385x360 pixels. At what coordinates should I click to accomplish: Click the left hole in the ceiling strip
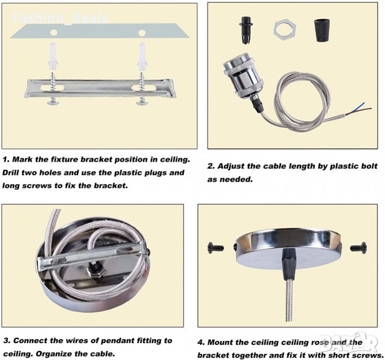[x=53, y=32]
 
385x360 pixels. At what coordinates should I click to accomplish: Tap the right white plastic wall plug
[x=142, y=56]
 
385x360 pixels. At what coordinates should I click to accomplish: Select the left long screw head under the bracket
[x=53, y=103]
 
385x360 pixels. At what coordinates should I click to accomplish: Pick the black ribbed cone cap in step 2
[x=322, y=31]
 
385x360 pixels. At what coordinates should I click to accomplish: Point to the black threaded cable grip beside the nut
[x=246, y=30]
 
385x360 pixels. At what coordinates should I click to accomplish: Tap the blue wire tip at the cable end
[x=364, y=103]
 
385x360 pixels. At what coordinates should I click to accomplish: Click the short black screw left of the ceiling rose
[x=216, y=247]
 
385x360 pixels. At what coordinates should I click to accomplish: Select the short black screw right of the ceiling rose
[x=359, y=247]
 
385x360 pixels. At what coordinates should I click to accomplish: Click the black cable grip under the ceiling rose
[x=289, y=264]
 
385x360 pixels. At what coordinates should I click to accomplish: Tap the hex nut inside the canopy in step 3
[x=95, y=273]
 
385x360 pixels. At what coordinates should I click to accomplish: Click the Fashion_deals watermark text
[x=61, y=18]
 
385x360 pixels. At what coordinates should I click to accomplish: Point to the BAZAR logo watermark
[x=349, y=342]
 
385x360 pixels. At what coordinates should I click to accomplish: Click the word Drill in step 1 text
[x=11, y=173]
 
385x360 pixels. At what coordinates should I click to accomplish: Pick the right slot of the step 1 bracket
[x=139, y=88]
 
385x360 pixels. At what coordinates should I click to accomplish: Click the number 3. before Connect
[x=7, y=341]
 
